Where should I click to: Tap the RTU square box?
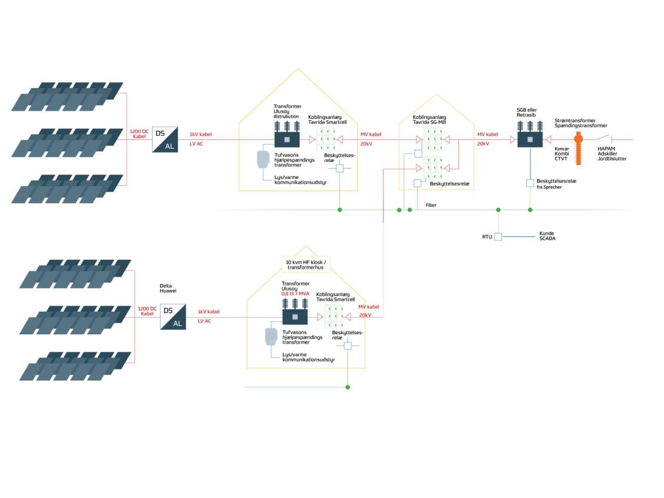pos(498,237)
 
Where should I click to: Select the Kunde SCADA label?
pos(547,236)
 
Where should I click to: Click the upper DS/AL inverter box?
pos(164,140)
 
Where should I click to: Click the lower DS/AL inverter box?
pos(173,317)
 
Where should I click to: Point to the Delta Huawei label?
pos(168,288)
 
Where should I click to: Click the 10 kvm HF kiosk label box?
pos(302,264)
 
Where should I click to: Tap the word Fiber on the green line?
pos(431,205)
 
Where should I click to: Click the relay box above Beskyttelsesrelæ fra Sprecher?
pos(530,183)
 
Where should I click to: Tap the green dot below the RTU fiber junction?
pos(498,210)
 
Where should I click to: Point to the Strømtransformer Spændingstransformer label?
pos(580,123)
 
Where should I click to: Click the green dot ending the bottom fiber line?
pos(348,387)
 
